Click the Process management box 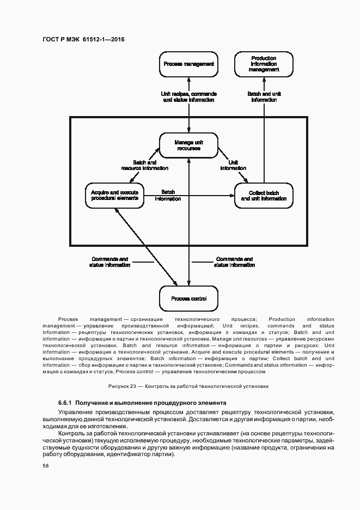click(189, 64)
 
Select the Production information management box click(264, 64)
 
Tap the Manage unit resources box click(188, 145)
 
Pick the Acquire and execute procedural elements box click(115, 196)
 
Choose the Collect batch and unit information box click(264, 196)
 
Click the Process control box click(188, 299)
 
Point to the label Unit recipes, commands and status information click(189, 96)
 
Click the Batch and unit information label click(264, 96)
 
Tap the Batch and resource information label click(144, 166)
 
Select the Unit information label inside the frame click(233, 166)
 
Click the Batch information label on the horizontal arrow click(168, 196)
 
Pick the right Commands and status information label click(234, 262)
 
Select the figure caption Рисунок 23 click(188, 386)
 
